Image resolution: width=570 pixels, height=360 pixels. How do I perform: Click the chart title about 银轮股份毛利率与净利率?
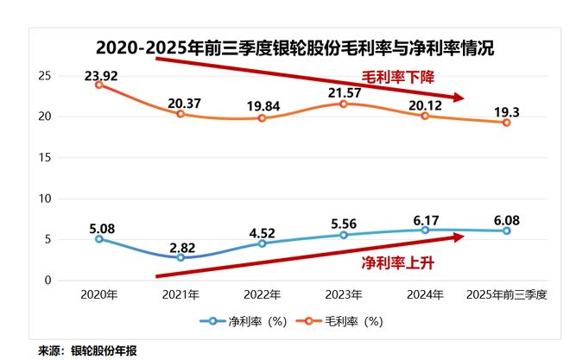pyautogui.click(x=295, y=47)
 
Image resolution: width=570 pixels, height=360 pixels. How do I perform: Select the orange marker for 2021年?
pyautogui.click(x=180, y=114)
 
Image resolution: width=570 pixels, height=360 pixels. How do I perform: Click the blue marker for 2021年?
pyautogui.click(x=180, y=257)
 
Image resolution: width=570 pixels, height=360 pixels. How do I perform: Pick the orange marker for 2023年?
pyautogui.click(x=344, y=104)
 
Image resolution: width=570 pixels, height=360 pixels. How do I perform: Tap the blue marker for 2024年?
pyautogui.click(x=425, y=230)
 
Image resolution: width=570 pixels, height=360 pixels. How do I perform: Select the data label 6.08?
pyautogui.click(x=506, y=219)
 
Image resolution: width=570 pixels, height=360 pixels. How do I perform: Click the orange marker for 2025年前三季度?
pyautogui.click(x=506, y=123)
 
